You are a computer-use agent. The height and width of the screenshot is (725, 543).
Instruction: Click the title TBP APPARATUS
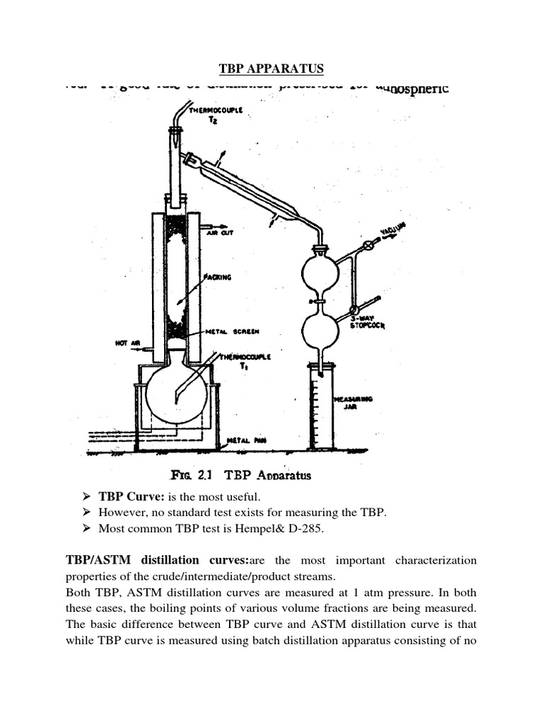(x=271, y=69)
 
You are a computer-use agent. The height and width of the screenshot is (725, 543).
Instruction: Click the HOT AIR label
(x=128, y=343)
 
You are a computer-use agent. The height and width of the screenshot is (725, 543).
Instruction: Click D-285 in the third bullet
(x=265, y=529)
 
